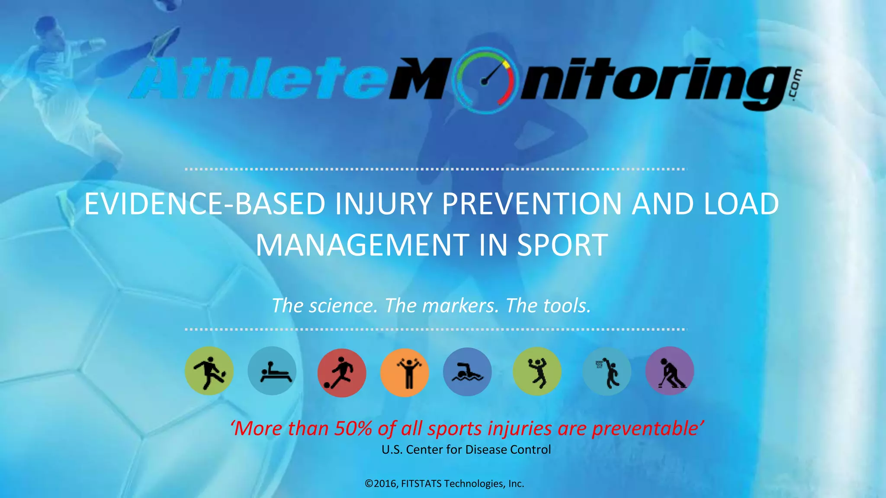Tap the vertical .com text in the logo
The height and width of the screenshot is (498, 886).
tap(797, 85)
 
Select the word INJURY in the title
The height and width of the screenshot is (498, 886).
tap(383, 204)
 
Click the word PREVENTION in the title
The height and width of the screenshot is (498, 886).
tap(532, 204)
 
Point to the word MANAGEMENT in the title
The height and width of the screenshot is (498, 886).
tap(362, 245)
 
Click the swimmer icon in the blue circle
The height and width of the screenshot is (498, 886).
tap(467, 372)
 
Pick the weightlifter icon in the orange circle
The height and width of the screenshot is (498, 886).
tap(404, 373)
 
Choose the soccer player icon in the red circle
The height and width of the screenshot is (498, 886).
tap(342, 373)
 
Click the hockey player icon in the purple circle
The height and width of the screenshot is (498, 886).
tap(670, 371)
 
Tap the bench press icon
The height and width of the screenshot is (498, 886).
tap(272, 371)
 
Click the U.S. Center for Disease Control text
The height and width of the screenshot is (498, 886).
tap(466, 450)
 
